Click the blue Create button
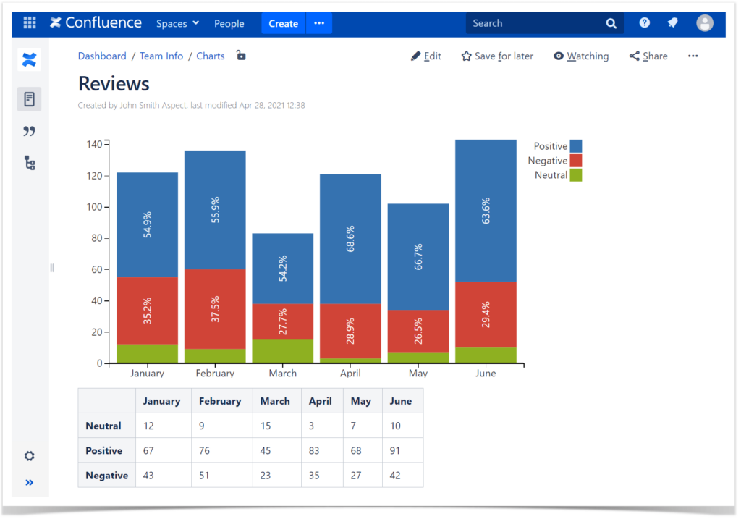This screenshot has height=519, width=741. [283, 23]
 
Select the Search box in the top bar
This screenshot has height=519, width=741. [535, 23]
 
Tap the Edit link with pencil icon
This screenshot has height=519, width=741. [426, 56]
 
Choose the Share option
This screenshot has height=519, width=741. [648, 56]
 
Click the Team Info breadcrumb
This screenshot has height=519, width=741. [161, 56]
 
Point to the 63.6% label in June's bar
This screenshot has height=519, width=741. [486, 210]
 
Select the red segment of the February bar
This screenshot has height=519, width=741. [215, 309]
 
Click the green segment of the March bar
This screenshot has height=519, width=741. [282, 351]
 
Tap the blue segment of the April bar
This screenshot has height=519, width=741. [350, 239]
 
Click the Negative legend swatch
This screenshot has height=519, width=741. [575, 161]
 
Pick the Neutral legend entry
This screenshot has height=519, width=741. [551, 175]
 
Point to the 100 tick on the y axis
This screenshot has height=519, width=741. [95, 207]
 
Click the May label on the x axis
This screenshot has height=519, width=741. [418, 374]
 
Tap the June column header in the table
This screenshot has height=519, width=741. [400, 401]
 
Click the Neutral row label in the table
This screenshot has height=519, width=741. [103, 426]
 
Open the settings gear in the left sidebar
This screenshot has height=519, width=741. [29, 456]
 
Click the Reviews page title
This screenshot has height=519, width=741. [114, 84]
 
